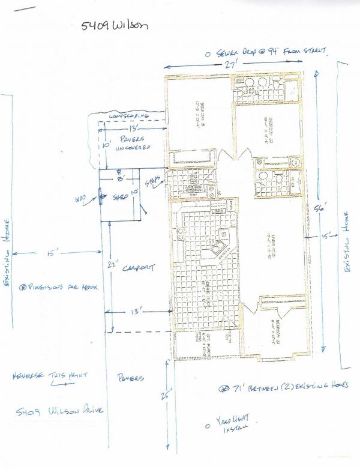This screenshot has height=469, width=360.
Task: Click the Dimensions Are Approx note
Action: [58, 287]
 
